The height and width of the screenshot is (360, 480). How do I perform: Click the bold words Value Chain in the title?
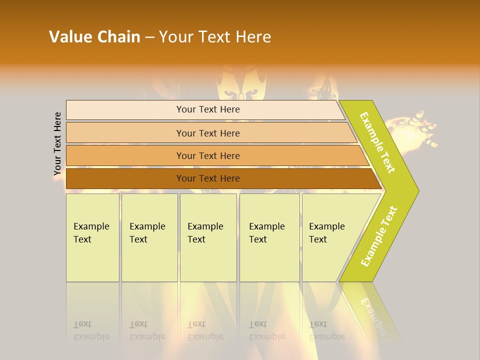pos(94,37)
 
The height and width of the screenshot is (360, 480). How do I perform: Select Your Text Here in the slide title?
pos(215,37)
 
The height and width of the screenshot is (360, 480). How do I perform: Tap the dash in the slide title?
pos(149,37)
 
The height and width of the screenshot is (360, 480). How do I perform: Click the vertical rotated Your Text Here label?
pos(57,144)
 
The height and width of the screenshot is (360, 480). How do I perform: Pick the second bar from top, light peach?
pos(207,133)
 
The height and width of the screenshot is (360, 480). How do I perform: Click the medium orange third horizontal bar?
pos(207,155)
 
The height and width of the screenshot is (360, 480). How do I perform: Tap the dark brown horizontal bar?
pos(207,178)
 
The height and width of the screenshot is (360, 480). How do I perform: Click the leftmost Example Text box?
pos(92,237)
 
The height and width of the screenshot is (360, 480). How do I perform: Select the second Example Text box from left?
pos(149,237)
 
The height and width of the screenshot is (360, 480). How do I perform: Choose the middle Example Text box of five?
pos(208,237)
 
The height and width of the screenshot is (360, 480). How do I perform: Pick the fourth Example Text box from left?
pos(269,237)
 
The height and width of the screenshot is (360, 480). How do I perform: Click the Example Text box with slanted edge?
pos(330,237)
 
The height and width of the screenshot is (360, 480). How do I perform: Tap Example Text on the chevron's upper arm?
pos(377,142)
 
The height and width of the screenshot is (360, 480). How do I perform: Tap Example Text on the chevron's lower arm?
pos(379,236)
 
